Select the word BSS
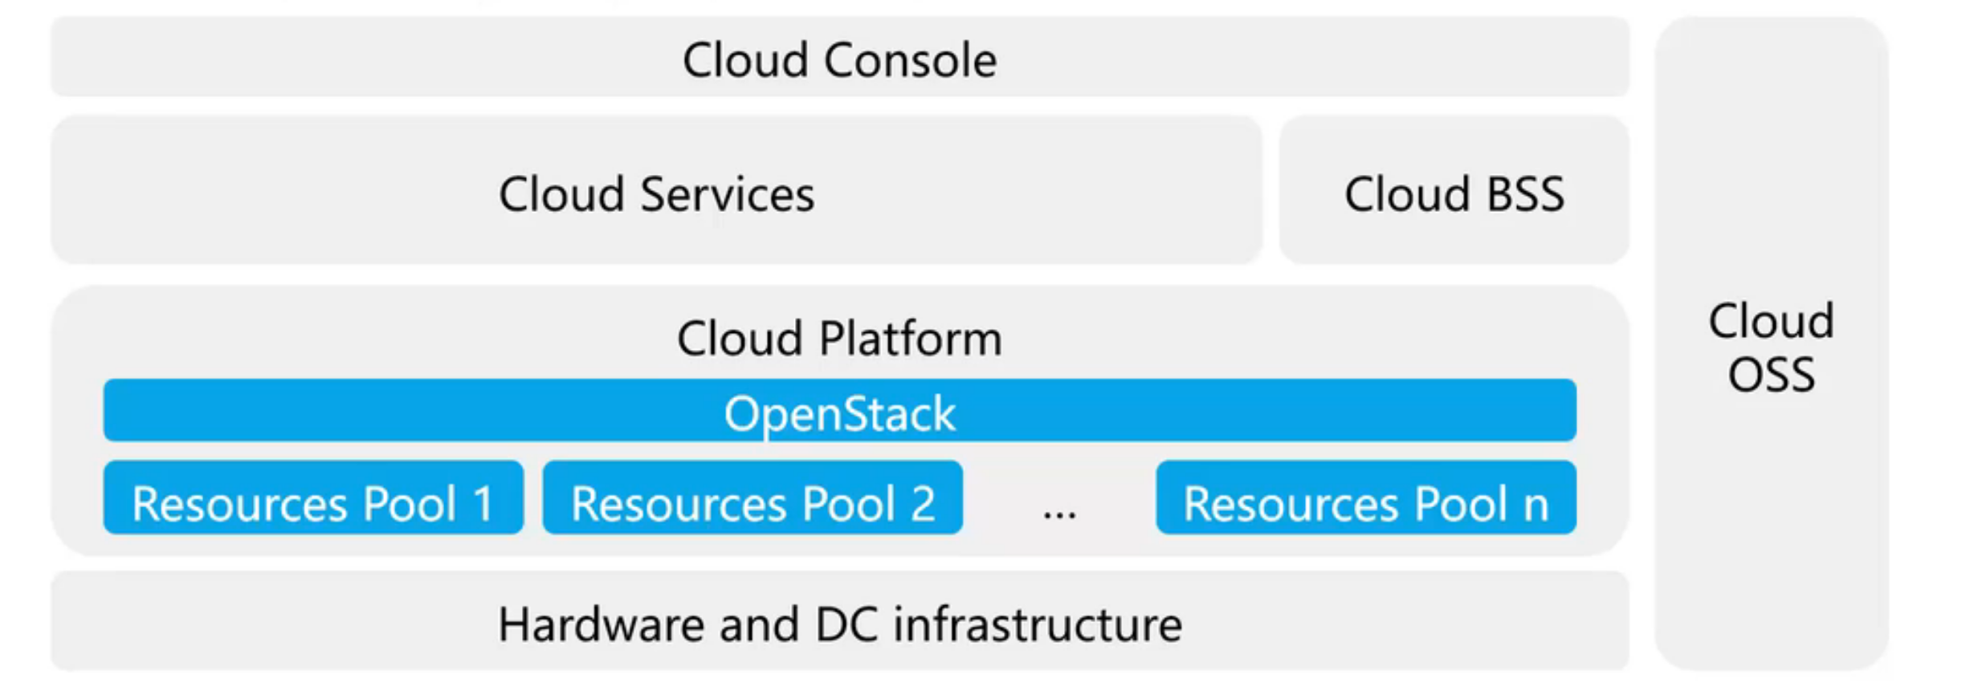click(1525, 194)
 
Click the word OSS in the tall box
click(1771, 375)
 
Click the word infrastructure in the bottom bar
click(1038, 625)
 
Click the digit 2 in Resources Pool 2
click(923, 504)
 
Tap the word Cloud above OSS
click(1771, 321)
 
